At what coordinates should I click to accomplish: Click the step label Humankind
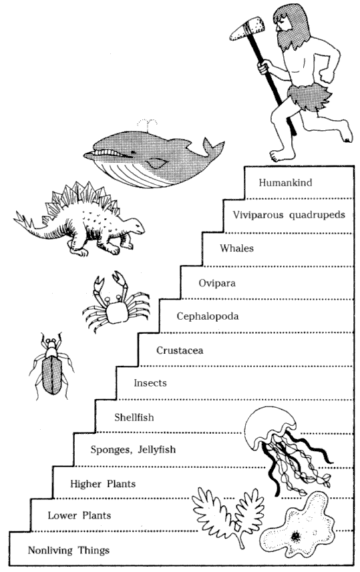(x=285, y=182)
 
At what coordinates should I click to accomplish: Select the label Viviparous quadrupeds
(x=289, y=215)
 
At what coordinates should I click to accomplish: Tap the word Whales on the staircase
(x=236, y=248)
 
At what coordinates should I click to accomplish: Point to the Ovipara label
(x=217, y=283)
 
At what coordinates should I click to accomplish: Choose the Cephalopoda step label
(x=207, y=316)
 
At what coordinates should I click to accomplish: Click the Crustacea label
(x=180, y=350)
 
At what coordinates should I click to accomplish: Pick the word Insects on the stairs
(x=150, y=383)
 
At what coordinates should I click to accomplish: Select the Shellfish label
(x=134, y=417)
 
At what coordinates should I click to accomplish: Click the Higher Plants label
(x=103, y=484)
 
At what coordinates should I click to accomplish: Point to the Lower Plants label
(x=79, y=515)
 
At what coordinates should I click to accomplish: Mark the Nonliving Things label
(x=69, y=551)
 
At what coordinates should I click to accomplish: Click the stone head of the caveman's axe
(x=247, y=28)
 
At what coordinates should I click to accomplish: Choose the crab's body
(x=116, y=311)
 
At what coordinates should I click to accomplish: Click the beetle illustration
(x=51, y=366)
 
